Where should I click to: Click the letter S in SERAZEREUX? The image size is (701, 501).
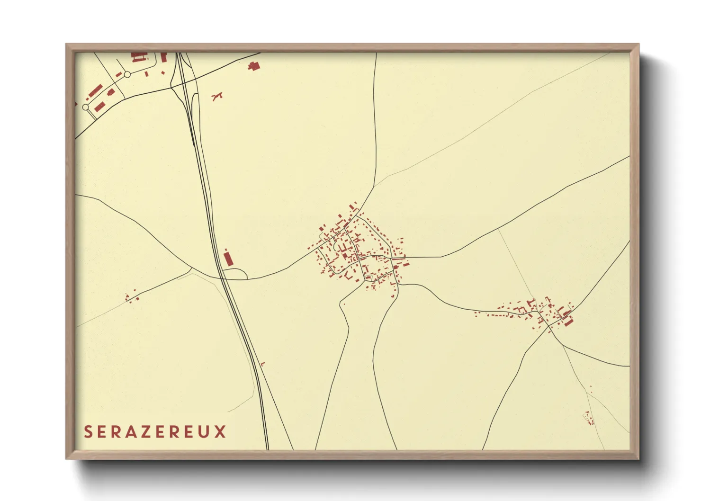point(88,432)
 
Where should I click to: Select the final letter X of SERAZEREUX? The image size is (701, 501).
point(220,432)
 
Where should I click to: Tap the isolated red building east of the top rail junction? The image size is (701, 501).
point(254,66)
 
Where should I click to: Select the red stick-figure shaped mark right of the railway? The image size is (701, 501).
point(217,97)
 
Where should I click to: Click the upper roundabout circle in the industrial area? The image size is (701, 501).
point(127,74)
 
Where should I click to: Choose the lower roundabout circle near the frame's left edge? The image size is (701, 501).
point(85,107)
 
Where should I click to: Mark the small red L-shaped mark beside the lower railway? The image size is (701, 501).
point(262,364)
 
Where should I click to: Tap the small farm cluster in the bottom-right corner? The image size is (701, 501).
point(589,418)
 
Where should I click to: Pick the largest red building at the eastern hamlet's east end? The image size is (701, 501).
point(568,322)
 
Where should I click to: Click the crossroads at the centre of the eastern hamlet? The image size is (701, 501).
point(548,325)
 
